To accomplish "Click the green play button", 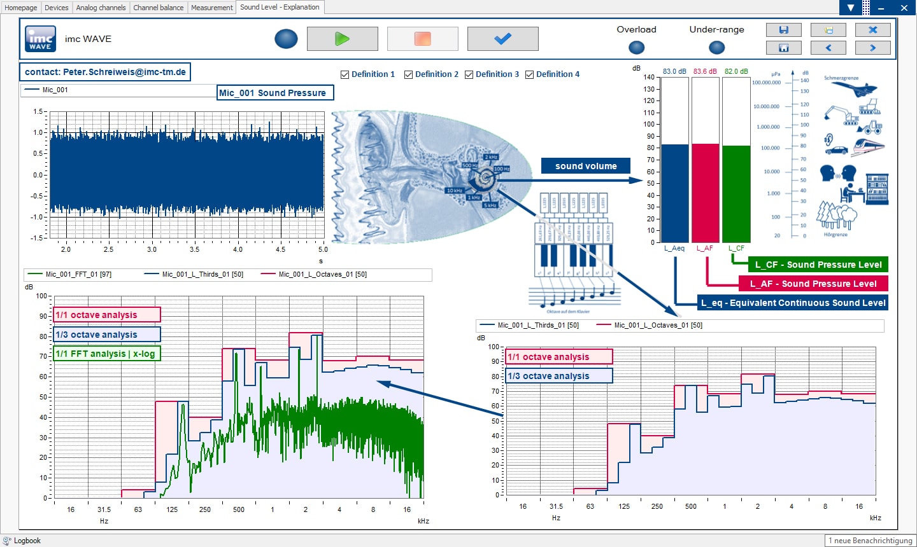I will [342, 39].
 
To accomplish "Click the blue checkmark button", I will [502, 39].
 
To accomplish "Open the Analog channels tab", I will [101, 8].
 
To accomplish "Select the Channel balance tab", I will [159, 8].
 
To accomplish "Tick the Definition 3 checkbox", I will [469, 74].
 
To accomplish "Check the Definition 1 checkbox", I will [345, 74].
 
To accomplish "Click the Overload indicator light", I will [636, 47].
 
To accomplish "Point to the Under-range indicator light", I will [716, 47].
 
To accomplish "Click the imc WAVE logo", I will [40, 39].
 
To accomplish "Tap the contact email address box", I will [105, 72].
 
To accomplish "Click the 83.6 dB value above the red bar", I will [705, 71].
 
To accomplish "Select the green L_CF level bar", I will [736, 194].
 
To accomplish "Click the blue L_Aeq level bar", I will [674, 193].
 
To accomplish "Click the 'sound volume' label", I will [586, 166].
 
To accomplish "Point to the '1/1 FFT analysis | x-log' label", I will [106, 354].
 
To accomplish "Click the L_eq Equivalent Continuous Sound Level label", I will [793, 303].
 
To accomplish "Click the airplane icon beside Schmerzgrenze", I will [860, 90].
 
